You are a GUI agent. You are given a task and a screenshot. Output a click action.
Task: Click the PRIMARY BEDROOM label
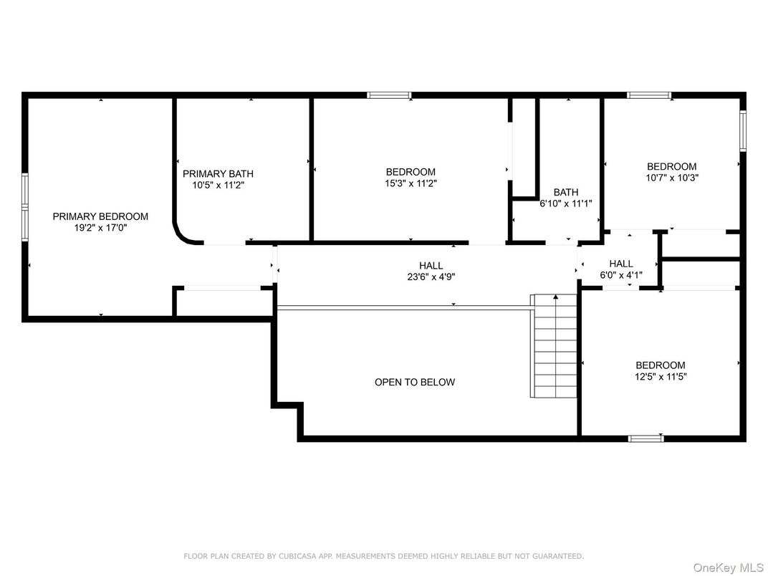click(x=100, y=216)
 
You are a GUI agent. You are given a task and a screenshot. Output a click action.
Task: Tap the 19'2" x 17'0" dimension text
click(x=100, y=228)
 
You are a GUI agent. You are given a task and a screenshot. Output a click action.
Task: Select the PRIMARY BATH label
click(x=218, y=173)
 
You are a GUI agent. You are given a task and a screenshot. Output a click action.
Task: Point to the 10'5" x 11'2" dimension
click(x=218, y=185)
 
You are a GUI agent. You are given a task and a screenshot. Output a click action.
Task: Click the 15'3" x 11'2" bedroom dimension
click(x=411, y=183)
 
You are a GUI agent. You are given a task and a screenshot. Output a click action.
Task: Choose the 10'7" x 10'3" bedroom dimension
click(x=671, y=178)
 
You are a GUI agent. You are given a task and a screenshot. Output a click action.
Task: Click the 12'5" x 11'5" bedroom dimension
click(x=660, y=376)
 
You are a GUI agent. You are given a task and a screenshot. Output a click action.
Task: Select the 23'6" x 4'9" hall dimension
click(x=431, y=277)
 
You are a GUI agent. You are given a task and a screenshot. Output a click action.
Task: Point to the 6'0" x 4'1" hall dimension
click(x=621, y=275)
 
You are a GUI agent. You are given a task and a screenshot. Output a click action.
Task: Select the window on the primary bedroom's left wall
click(x=24, y=205)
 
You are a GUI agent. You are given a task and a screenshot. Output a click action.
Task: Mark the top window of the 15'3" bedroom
click(x=389, y=95)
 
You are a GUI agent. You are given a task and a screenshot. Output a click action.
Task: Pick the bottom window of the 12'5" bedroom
click(x=645, y=438)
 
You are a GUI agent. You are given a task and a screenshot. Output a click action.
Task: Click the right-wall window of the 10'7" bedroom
click(x=743, y=131)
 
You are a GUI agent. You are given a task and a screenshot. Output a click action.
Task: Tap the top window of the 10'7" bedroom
click(x=649, y=95)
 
